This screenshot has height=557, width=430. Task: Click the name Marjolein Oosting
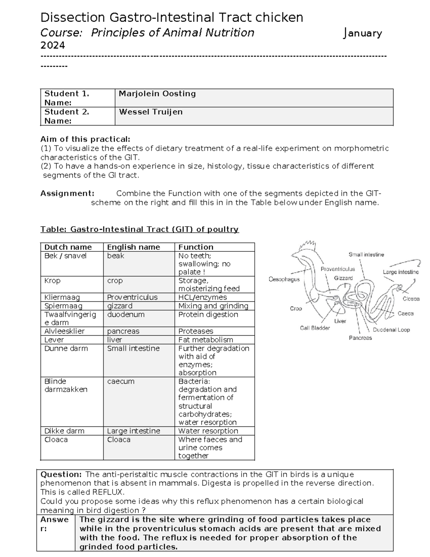click(157, 94)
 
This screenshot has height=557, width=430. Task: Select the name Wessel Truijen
click(150, 112)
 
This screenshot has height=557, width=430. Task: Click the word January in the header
click(363, 33)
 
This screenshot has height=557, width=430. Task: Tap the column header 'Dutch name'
click(68, 247)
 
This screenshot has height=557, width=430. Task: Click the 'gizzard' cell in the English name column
click(120, 306)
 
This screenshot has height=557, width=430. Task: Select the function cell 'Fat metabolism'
click(206, 340)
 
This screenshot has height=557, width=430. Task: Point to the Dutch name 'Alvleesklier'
click(64, 331)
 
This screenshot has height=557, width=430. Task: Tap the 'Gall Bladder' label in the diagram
click(315, 328)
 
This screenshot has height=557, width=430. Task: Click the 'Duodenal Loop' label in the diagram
click(391, 330)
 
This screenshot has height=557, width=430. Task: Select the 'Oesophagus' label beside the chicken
click(284, 279)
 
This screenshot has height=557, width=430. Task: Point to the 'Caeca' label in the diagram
click(405, 313)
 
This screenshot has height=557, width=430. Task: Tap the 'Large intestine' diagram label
click(400, 272)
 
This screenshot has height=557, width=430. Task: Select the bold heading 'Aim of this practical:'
click(85, 139)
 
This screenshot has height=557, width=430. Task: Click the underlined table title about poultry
click(139, 229)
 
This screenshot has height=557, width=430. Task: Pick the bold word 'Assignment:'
click(67, 194)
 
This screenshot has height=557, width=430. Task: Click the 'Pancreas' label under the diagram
click(360, 338)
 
